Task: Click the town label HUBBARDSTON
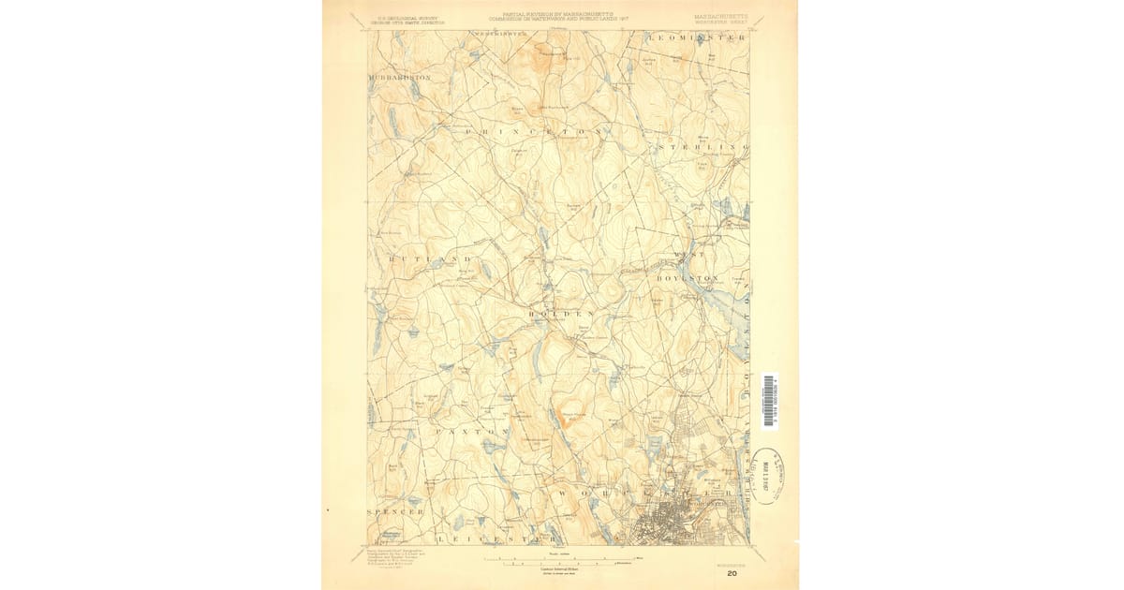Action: click(401, 78)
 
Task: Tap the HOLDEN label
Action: click(562, 312)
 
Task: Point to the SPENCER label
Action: click(395, 512)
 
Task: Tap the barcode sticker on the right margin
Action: click(770, 401)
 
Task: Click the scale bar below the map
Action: click(559, 561)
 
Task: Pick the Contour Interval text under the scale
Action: click(560, 569)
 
